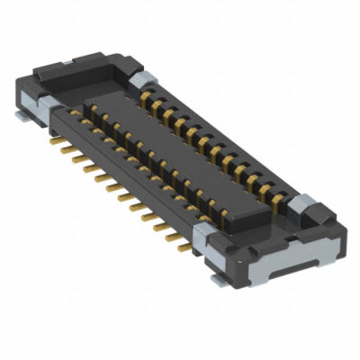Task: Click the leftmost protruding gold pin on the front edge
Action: pos(63,148)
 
